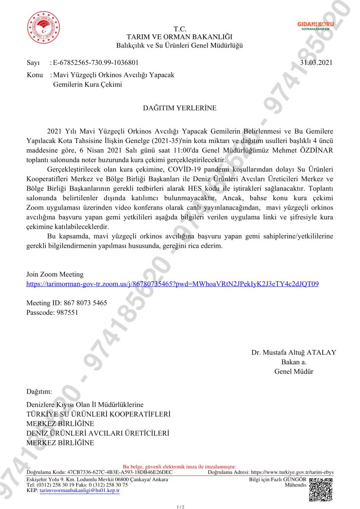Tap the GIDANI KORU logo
315,26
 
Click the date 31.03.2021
316,63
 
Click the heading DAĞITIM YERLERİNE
180,108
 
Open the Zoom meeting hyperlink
173,284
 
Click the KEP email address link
80,490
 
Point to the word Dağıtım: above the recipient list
39,391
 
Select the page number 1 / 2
180,506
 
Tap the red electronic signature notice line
179,467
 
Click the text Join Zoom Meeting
55,274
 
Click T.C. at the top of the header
180,29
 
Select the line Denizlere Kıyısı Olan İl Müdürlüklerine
85,405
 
